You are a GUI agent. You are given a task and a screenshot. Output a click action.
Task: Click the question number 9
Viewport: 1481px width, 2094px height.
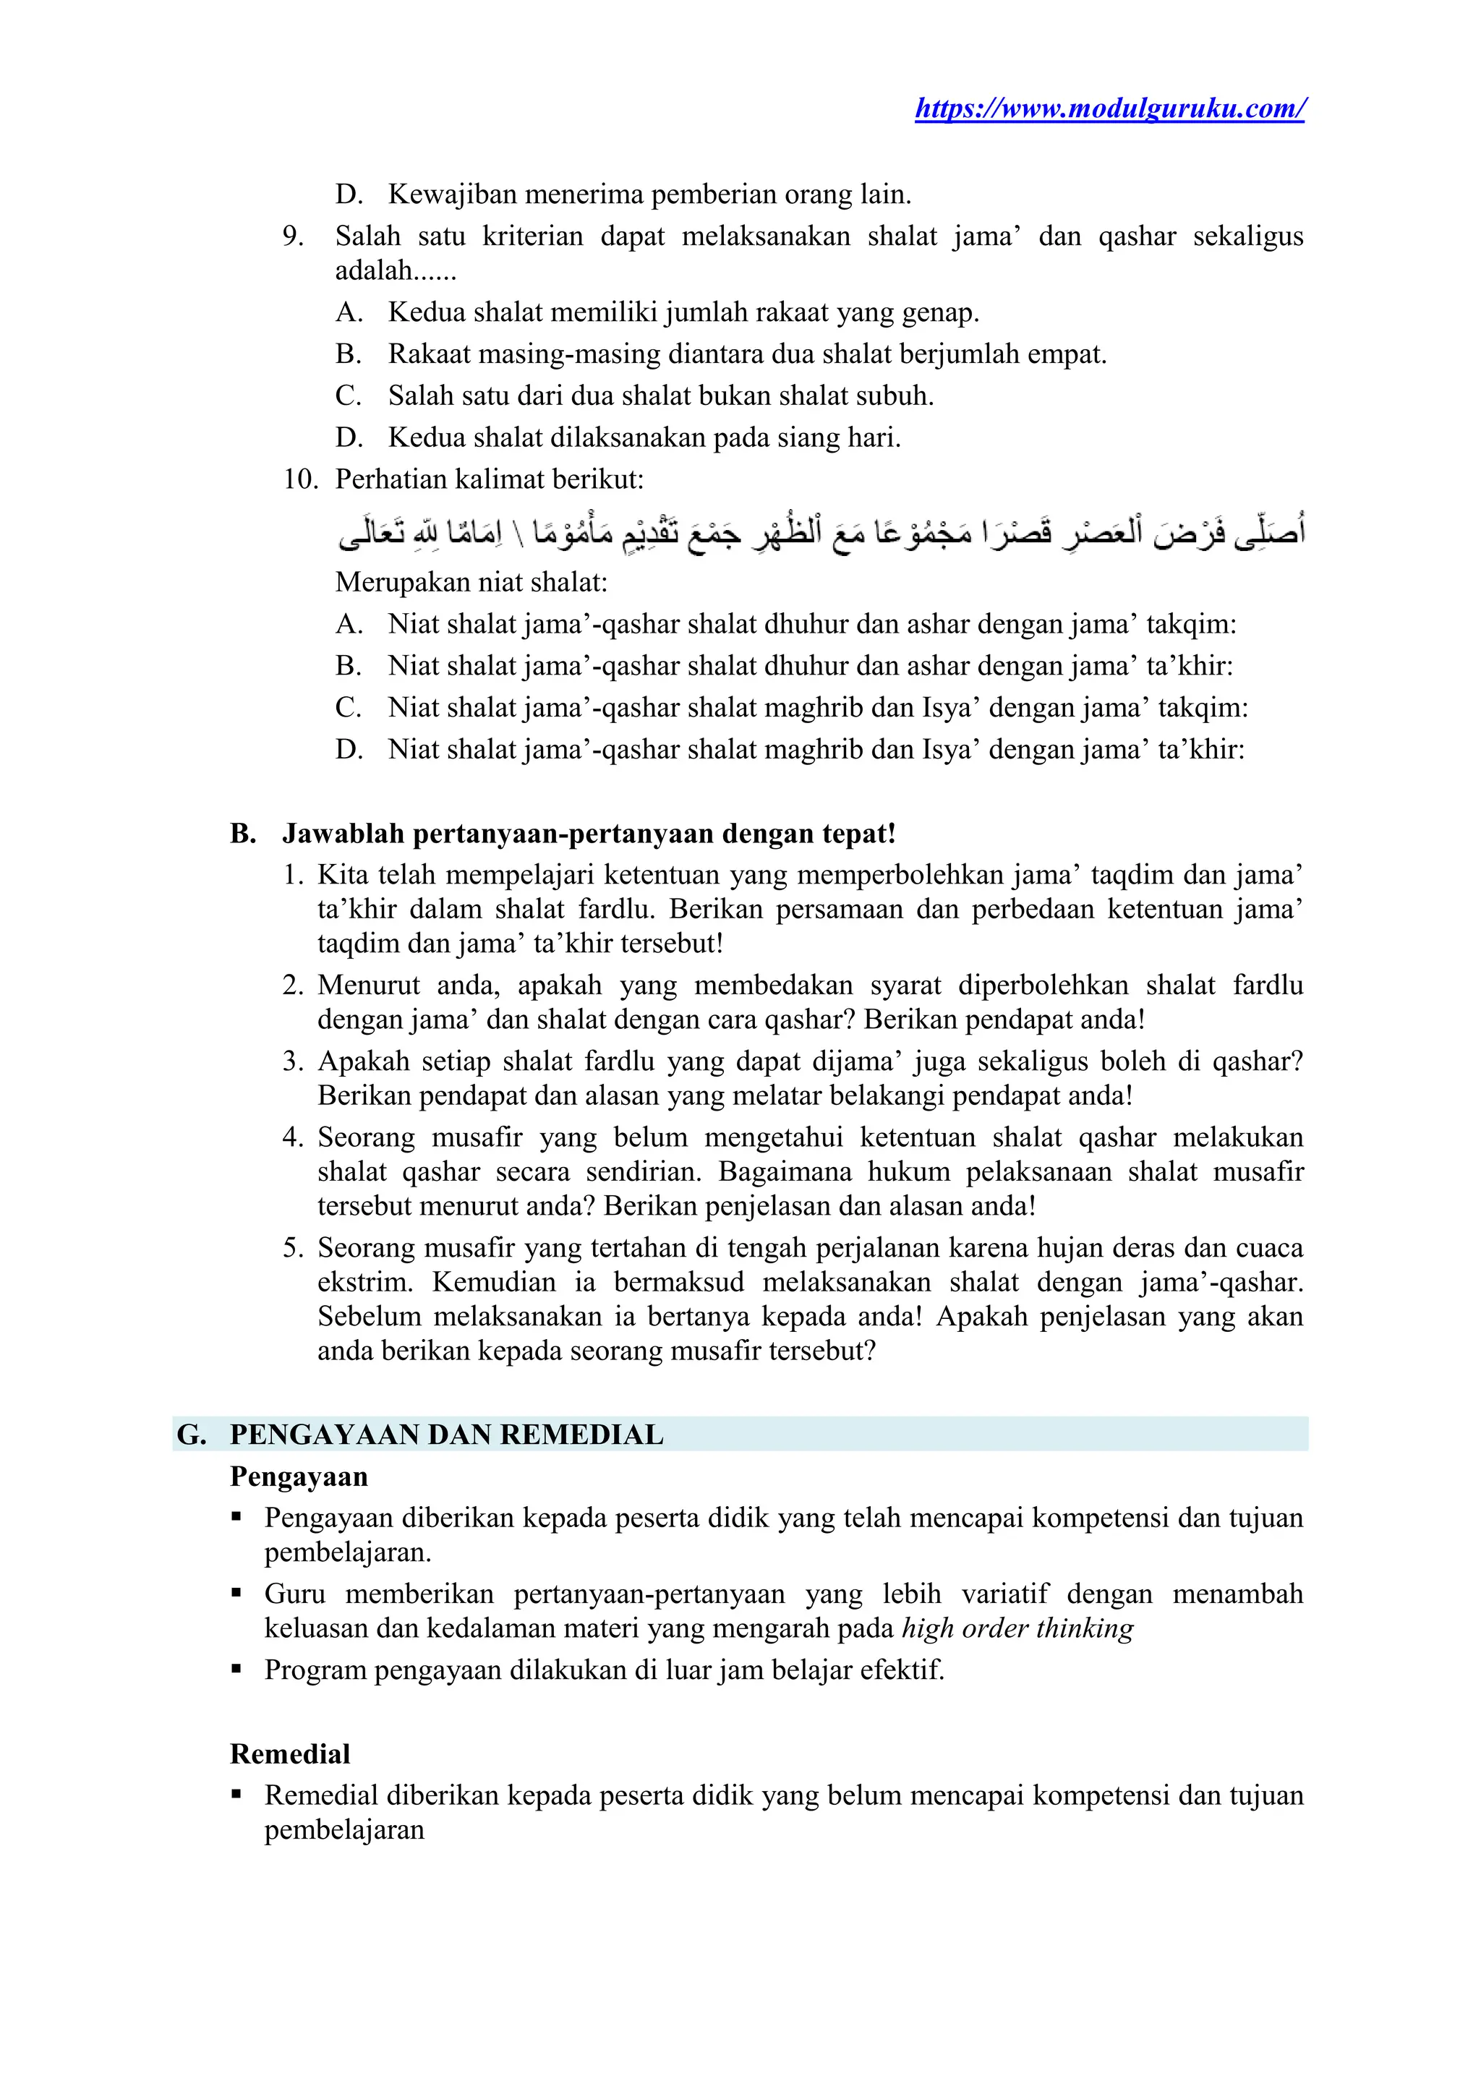click(292, 236)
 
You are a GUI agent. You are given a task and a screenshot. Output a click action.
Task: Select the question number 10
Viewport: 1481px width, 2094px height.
click(299, 479)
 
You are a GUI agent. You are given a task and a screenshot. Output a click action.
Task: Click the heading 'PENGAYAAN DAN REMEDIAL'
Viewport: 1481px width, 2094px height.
click(446, 1435)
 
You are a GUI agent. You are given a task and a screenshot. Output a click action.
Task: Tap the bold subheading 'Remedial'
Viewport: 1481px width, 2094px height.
click(289, 1754)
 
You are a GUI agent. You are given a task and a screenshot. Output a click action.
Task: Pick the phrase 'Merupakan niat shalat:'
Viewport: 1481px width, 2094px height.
click(471, 582)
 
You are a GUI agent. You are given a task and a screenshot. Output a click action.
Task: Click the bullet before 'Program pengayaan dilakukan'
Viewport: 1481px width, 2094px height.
click(236, 1669)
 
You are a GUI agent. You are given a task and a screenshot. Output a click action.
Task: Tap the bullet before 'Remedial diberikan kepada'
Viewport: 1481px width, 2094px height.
click(236, 1794)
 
